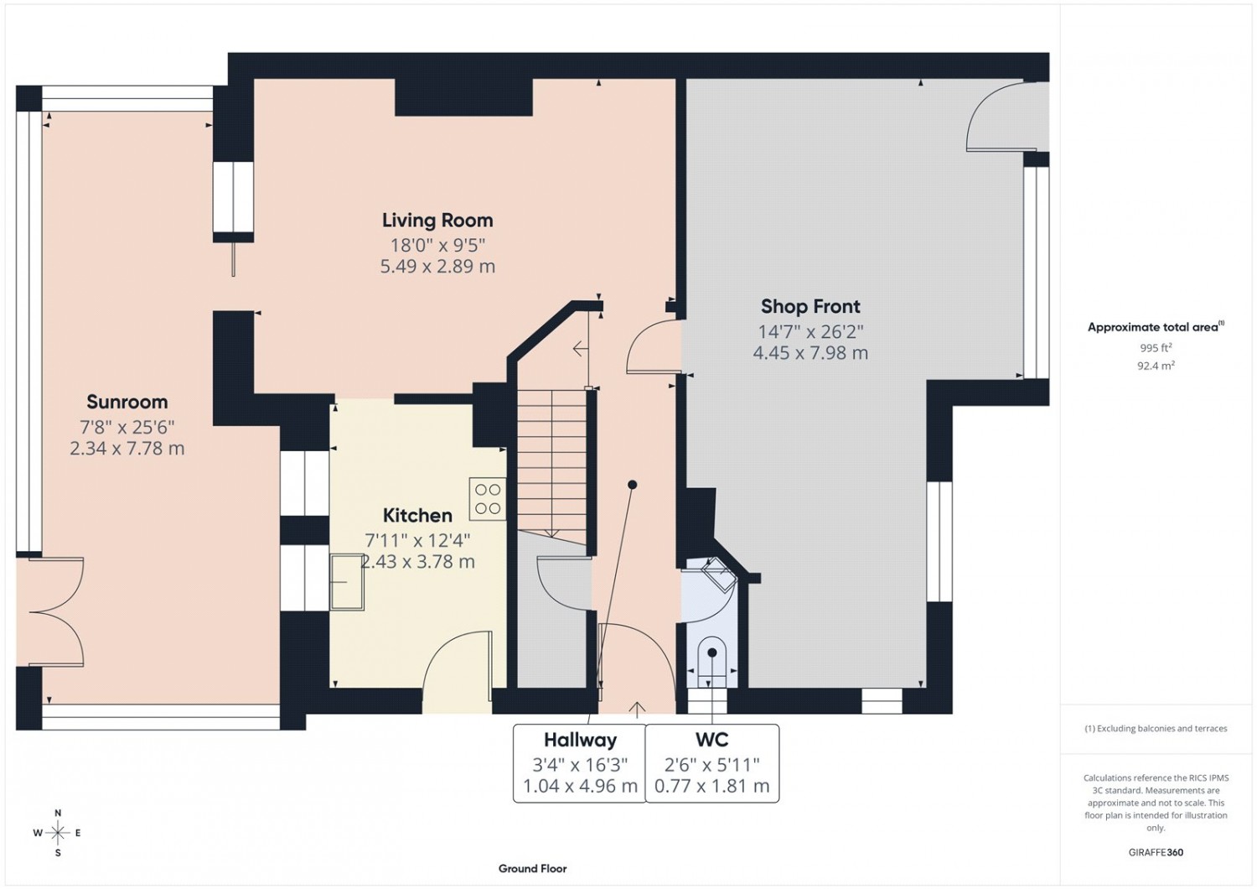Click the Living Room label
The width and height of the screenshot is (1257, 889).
437,220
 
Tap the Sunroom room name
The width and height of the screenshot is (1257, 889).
127,402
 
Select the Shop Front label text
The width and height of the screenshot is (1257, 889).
810,307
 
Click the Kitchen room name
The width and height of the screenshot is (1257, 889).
417,516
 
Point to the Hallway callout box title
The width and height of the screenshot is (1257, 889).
580,741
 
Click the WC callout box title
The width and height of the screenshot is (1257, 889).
712,740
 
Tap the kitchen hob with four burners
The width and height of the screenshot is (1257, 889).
488,499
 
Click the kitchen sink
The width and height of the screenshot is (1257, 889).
347,582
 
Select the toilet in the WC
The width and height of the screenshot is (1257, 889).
712,662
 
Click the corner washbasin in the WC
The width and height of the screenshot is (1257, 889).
719,574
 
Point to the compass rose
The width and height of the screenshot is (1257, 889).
58,833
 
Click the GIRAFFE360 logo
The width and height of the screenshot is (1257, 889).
1156,852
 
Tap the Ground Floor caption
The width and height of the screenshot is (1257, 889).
532,869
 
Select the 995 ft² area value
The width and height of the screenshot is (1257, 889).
1156,348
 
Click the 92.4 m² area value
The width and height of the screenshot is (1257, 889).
1156,367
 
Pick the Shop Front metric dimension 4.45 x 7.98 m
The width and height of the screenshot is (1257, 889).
810,353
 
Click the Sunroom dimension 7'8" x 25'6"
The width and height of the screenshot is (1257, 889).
127,428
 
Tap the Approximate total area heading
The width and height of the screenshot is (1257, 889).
1156,327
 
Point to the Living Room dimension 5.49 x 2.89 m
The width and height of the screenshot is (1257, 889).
437,266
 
